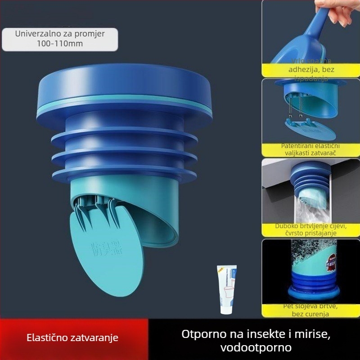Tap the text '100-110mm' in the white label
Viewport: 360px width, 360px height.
coord(61,44)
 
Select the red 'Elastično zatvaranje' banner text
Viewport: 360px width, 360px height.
coord(72,337)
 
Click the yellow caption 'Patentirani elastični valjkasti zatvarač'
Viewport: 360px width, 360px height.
coord(310,149)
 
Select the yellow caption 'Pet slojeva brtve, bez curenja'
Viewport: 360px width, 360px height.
coord(310,310)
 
